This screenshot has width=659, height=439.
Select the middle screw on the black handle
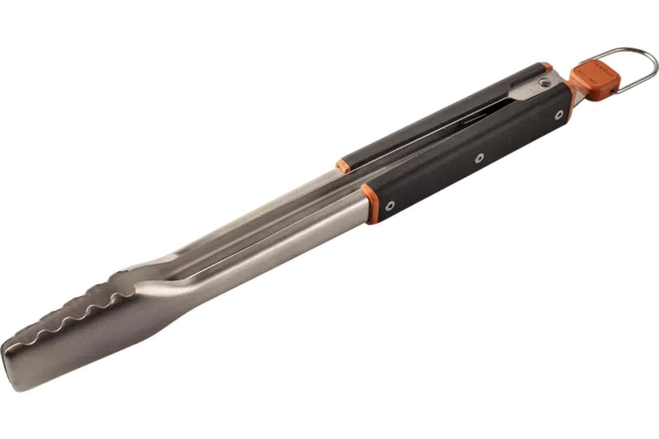point(479,158)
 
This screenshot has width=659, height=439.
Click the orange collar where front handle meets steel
point(371,204)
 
